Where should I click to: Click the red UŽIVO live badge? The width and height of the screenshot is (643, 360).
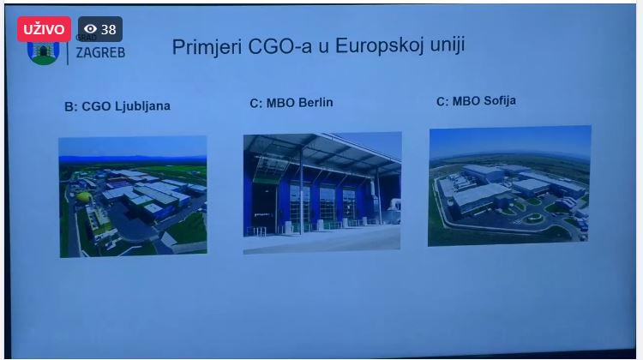click(44, 29)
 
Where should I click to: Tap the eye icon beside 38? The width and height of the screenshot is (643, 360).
click(90, 28)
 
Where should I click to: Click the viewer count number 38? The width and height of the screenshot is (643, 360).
click(109, 29)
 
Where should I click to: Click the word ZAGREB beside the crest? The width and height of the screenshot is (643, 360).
click(100, 52)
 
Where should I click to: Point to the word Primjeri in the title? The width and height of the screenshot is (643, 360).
click(207, 47)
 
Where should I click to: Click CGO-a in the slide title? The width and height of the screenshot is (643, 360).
click(280, 46)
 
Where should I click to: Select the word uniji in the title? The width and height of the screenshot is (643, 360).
click(448, 44)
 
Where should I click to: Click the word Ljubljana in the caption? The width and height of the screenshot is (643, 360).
click(142, 106)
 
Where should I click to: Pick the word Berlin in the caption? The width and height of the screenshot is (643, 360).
click(315, 102)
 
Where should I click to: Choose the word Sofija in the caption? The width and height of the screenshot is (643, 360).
click(500, 101)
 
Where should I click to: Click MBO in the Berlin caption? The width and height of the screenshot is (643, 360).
click(281, 103)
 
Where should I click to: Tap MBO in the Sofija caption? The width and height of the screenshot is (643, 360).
click(466, 101)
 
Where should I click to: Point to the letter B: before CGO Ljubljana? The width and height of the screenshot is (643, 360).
click(71, 107)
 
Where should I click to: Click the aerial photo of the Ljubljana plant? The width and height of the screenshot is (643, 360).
click(133, 197)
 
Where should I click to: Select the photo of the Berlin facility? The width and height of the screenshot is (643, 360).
click(322, 192)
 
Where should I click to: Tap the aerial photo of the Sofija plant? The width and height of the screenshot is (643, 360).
click(509, 186)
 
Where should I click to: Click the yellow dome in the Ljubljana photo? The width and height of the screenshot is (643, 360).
click(84, 197)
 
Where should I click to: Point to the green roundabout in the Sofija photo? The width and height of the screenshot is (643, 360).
click(533, 218)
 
